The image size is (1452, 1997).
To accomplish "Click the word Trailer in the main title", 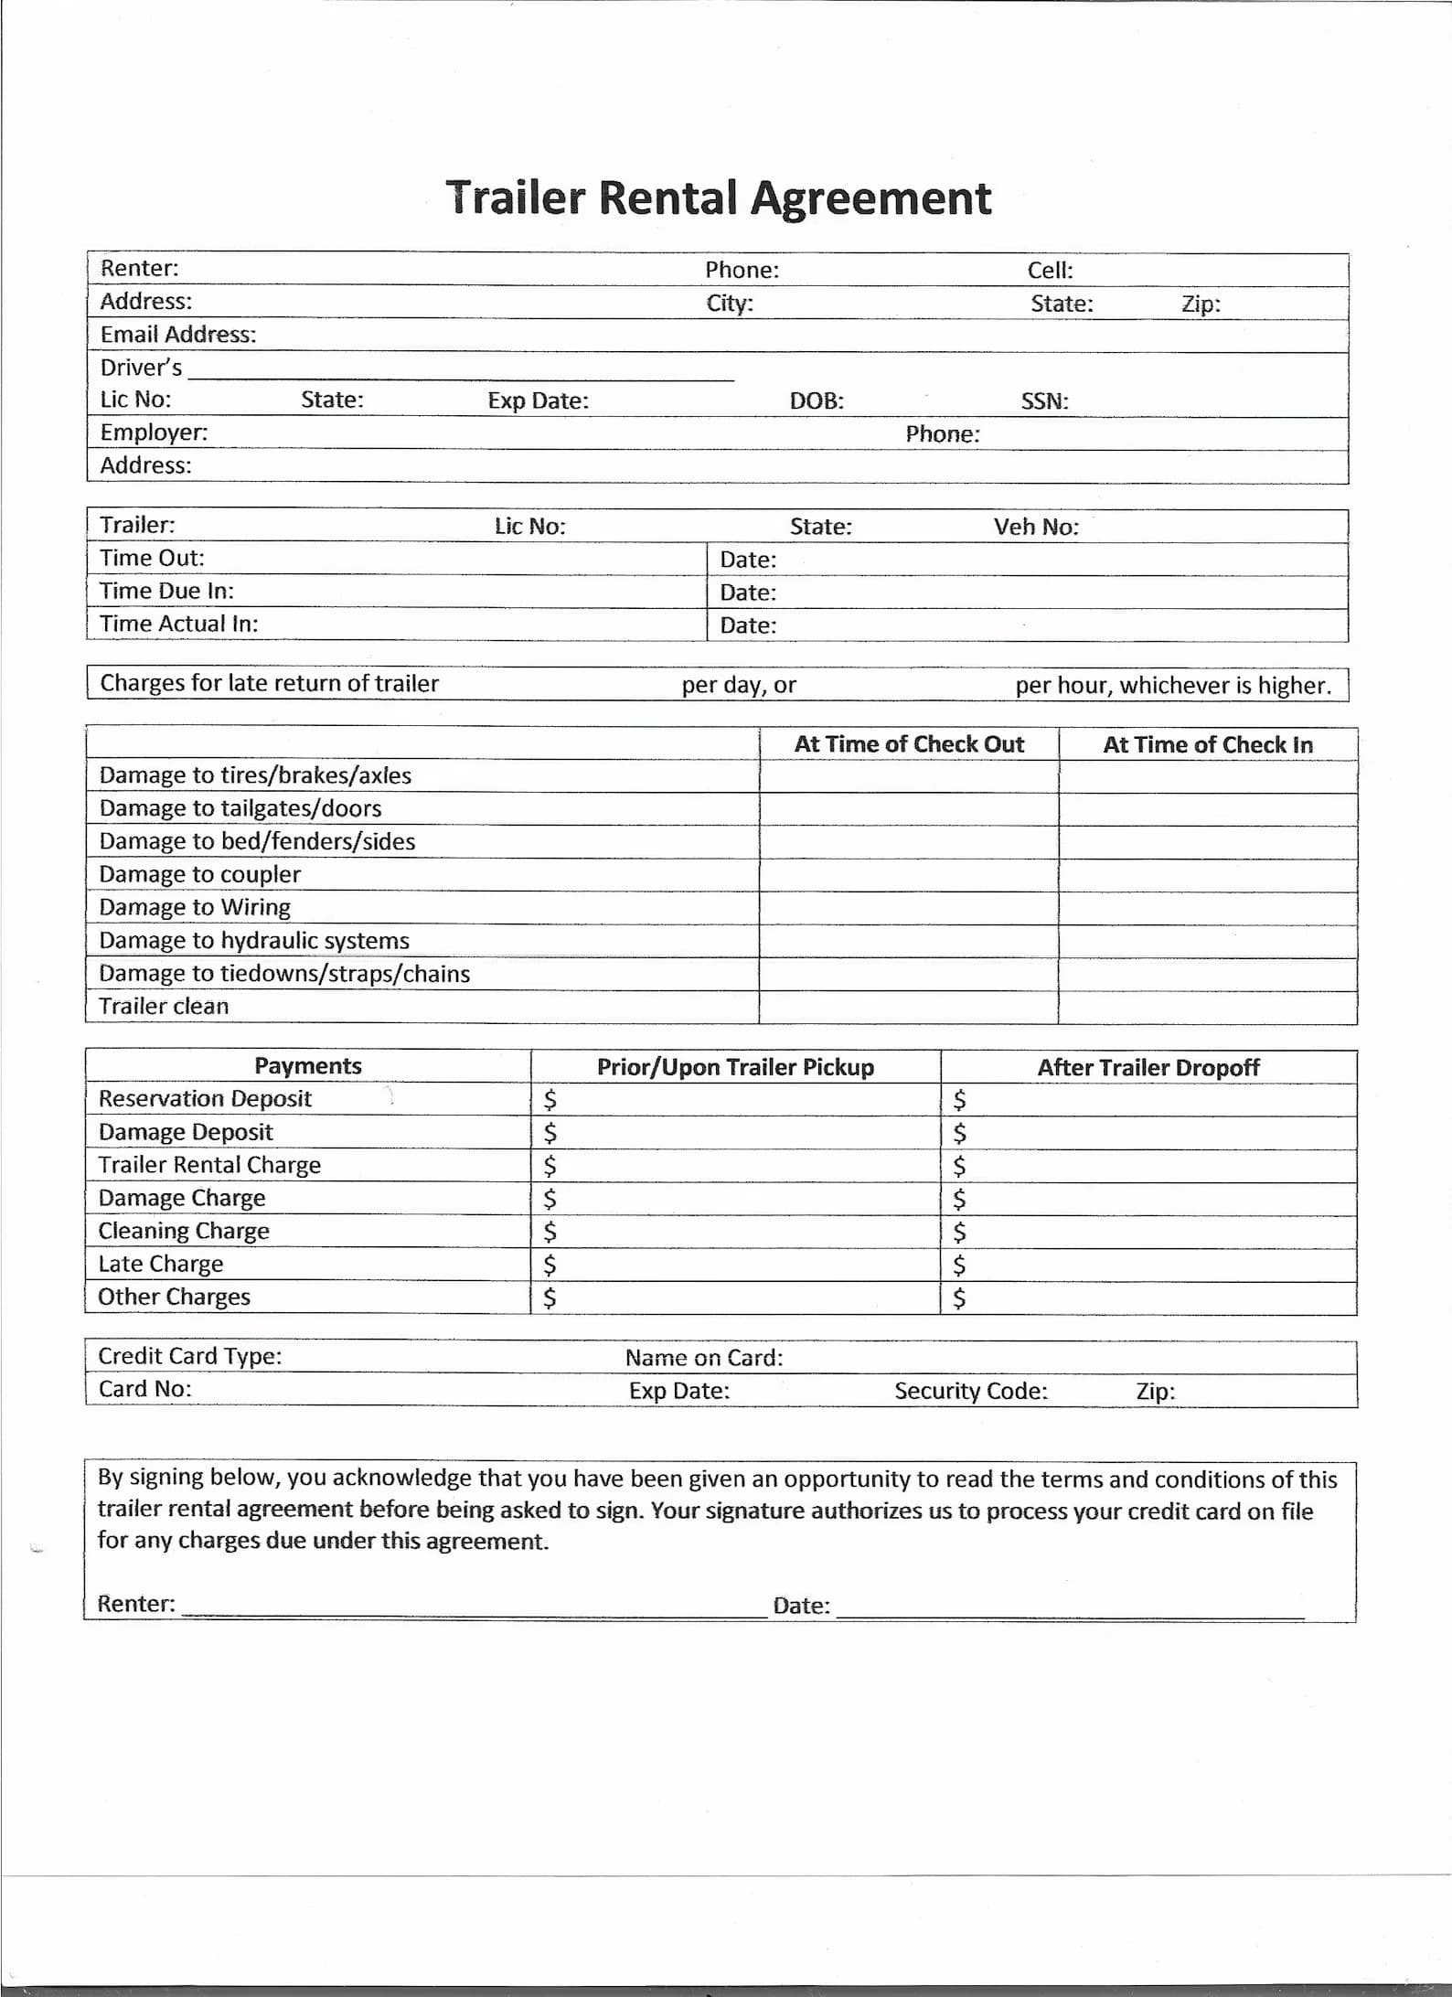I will (x=515, y=198).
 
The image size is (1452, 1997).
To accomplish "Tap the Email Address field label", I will (x=178, y=335).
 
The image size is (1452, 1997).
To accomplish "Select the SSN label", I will (x=1044, y=401).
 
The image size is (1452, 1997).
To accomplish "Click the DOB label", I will (x=817, y=401).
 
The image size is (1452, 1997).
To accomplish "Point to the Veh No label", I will (x=1036, y=527).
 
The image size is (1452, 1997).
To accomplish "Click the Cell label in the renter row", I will (x=1050, y=271).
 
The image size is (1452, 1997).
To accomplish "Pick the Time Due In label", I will (x=166, y=591).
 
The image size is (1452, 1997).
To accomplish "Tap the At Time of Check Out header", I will (x=909, y=744).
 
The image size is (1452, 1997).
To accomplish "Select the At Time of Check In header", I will (x=1208, y=745).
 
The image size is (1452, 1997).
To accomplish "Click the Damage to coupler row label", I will (x=199, y=874).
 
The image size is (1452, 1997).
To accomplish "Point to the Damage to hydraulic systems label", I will (x=254, y=940).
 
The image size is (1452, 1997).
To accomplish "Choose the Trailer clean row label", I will (x=164, y=1006).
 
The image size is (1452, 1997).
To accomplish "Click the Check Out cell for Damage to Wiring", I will (x=909, y=908).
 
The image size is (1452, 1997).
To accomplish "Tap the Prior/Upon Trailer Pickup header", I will (x=735, y=1067).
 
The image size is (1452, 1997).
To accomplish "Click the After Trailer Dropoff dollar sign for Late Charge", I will (x=959, y=1265).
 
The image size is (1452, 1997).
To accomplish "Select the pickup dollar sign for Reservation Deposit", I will (x=550, y=1099).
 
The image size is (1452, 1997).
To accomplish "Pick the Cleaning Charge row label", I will (x=184, y=1231).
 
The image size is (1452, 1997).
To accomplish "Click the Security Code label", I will (x=971, y=1391).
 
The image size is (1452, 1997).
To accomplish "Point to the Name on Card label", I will (x=704, y=1358).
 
